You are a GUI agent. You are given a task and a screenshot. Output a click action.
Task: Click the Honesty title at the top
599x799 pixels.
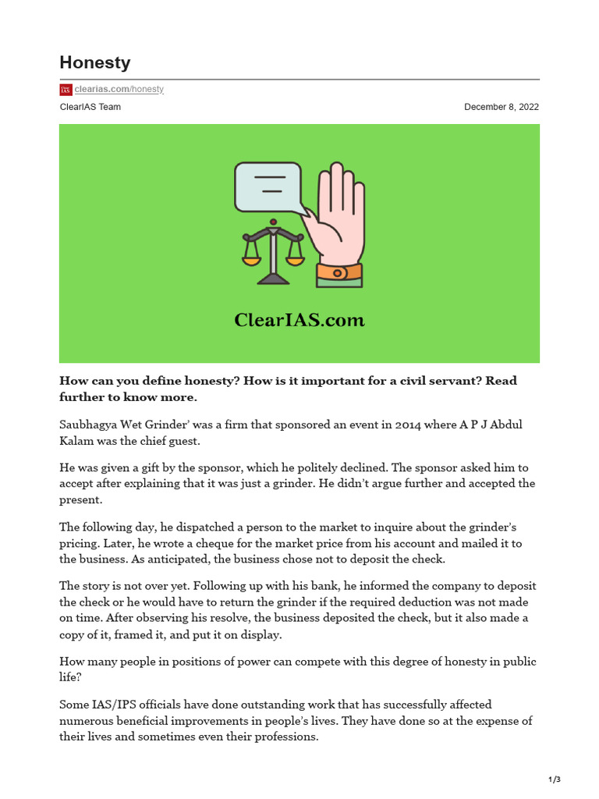point(95,62)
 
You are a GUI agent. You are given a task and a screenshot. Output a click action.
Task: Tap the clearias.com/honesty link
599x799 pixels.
point(119,90)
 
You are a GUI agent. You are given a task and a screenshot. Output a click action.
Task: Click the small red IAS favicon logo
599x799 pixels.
point(66,90)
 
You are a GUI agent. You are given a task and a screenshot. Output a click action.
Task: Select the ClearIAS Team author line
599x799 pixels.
point(90,107)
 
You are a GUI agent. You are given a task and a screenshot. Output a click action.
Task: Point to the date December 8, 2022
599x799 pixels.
point(502,107)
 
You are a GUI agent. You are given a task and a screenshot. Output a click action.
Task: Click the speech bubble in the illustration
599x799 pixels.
point(268,187)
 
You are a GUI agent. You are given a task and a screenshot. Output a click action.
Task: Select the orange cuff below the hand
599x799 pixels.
point(339,272)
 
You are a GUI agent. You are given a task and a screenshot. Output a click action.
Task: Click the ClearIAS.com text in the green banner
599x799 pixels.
point(299,320)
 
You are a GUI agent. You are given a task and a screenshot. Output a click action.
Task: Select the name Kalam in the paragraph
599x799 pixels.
point(76,441)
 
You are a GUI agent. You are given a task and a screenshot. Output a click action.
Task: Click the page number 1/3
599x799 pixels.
point(555,779)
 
